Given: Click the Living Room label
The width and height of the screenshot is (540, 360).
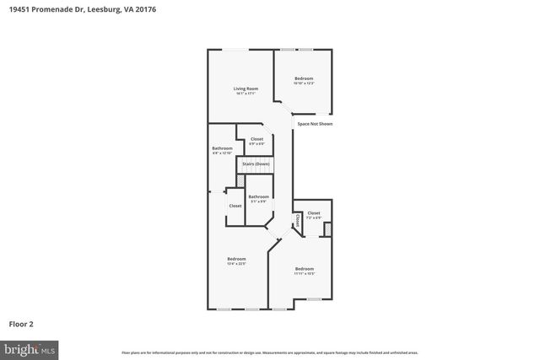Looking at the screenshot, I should coord(246,88).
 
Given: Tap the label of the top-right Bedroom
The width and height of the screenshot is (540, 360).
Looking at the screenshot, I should coord(304,78).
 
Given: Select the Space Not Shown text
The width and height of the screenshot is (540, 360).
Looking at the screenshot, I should coord(315,124).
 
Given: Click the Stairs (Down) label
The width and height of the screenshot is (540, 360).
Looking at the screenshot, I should coord(256,164).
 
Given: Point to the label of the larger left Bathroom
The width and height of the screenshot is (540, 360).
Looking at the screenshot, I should coord(222,148).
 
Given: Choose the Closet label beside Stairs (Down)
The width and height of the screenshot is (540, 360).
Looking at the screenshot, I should coord(256,138).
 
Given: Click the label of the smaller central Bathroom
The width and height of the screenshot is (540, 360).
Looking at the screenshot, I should coord(258,196).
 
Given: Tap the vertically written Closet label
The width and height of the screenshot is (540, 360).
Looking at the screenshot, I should coord(297,221).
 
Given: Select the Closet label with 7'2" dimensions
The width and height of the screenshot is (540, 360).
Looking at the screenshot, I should coord(313,213).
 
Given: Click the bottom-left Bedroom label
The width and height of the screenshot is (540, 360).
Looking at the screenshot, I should coord(236,258).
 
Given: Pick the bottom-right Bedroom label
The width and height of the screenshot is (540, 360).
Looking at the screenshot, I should coord(304,268).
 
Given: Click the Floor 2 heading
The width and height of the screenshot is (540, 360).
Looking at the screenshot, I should coord(21,323).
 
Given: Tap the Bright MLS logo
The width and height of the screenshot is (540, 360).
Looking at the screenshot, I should coord(30,347).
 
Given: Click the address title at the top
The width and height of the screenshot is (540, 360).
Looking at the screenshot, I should coord(82,9).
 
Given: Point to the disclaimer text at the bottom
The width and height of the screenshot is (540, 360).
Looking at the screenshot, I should coord(270,352).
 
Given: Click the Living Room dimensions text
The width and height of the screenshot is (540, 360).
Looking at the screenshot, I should coord(246,93).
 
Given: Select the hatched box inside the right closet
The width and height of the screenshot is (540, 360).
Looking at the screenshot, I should coord(328,228).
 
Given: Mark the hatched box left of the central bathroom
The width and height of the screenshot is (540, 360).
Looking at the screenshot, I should coord(240,180).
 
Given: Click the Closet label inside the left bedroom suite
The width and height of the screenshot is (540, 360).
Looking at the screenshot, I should coord(235,206).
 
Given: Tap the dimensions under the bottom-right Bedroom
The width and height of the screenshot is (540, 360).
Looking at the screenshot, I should coord(304,273).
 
